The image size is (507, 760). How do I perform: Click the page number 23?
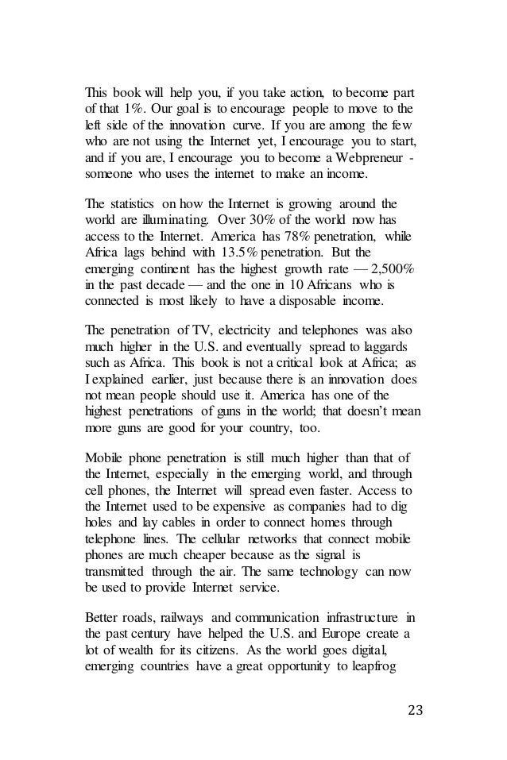(415, 705)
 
